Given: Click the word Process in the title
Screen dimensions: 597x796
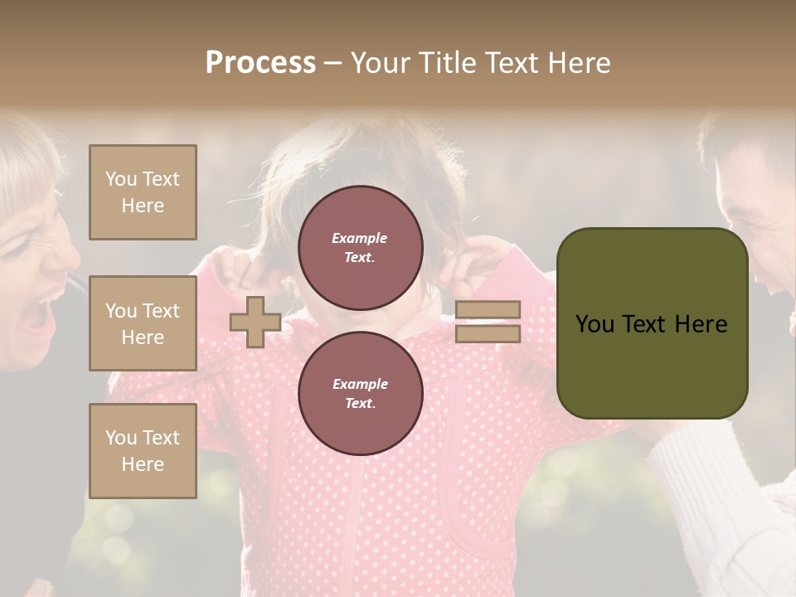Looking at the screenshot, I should tap(260, 63).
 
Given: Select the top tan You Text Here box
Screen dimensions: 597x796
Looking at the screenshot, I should tap(143, 192).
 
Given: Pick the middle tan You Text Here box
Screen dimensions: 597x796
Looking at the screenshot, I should tap(143, 323).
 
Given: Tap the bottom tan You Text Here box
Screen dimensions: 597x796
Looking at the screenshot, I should tap(143, 450).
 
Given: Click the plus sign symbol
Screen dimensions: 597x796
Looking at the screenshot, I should tap(255, 322).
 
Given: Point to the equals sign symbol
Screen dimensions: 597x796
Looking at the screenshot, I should tap(488, 322).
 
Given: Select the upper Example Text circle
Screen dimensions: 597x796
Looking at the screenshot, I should tap(361, 248).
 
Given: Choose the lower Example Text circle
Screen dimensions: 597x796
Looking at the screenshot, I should tap(361, 393).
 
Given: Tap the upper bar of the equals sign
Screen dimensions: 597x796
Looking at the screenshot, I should tap(488, 310).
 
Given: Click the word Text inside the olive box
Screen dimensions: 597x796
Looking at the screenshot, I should tap(651, 324).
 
